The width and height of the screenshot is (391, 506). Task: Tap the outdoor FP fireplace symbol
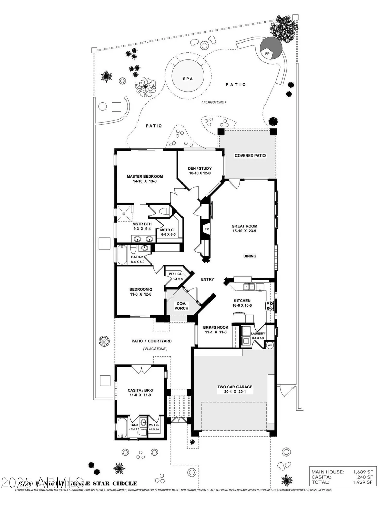(267, 53)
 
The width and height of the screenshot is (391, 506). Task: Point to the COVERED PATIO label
(250, 156)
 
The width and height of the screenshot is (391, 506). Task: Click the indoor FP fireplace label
(206, 229)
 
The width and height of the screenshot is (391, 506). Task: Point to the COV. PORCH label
(181, 306)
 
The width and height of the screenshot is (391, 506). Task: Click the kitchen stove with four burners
(270, 306)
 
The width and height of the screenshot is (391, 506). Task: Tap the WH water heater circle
(270, 345)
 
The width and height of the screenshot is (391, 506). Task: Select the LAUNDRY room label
(258, 334)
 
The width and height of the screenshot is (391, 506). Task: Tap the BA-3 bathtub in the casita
(121, 428)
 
